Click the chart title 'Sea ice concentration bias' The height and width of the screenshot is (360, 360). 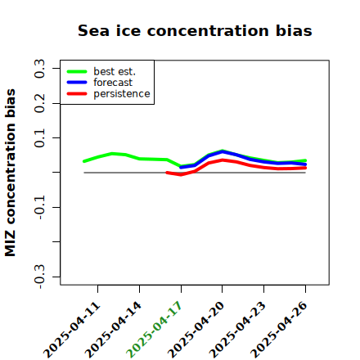pos(195,30)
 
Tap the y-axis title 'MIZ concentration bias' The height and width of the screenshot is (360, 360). pos(10,173)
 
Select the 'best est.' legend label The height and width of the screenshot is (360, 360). pos(115,71)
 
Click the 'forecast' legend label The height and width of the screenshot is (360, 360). pos(113,83)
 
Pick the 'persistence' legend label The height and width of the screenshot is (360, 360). pos(122,94)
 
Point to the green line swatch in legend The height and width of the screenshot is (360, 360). pos(77,71)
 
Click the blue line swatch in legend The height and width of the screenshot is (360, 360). pos(77,83)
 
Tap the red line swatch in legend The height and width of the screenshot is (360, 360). pos(77,94)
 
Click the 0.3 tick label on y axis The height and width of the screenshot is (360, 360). pos(39,69)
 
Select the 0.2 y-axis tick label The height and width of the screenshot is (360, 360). pos(39,103)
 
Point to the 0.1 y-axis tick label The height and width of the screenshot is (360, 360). pos(39,138)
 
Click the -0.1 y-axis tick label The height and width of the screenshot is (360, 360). pos(39,208)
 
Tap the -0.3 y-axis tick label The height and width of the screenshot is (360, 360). pos(39,277)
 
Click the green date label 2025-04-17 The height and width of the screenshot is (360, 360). pos(154,330)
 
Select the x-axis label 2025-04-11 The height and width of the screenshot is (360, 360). pos(71,330)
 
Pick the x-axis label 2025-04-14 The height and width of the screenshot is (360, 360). pos(113,330)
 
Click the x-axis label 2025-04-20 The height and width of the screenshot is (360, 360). pos(196,330)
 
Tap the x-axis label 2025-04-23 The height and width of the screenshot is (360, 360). pos(237,330)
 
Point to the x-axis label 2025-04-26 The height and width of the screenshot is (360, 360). pos(278,330)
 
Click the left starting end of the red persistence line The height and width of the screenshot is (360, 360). pos(167,173)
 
